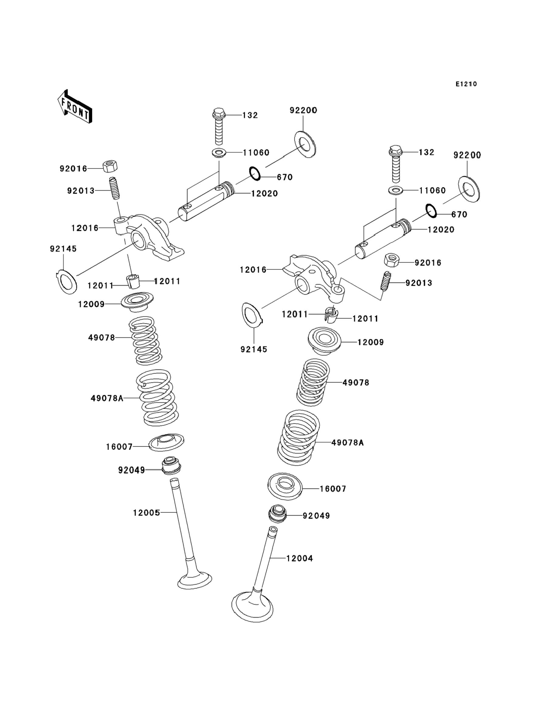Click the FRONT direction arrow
pos(75,107)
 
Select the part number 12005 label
pos(146,513)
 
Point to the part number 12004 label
pos(300,558)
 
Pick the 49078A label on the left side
pos(107,398)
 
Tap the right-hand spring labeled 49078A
pos(298,437)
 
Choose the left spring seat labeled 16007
pos(166,442)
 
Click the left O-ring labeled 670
pos(255,173)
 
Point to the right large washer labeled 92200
pos(469,189)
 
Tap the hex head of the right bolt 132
pos(396,150)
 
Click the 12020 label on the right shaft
pos(441,230)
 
